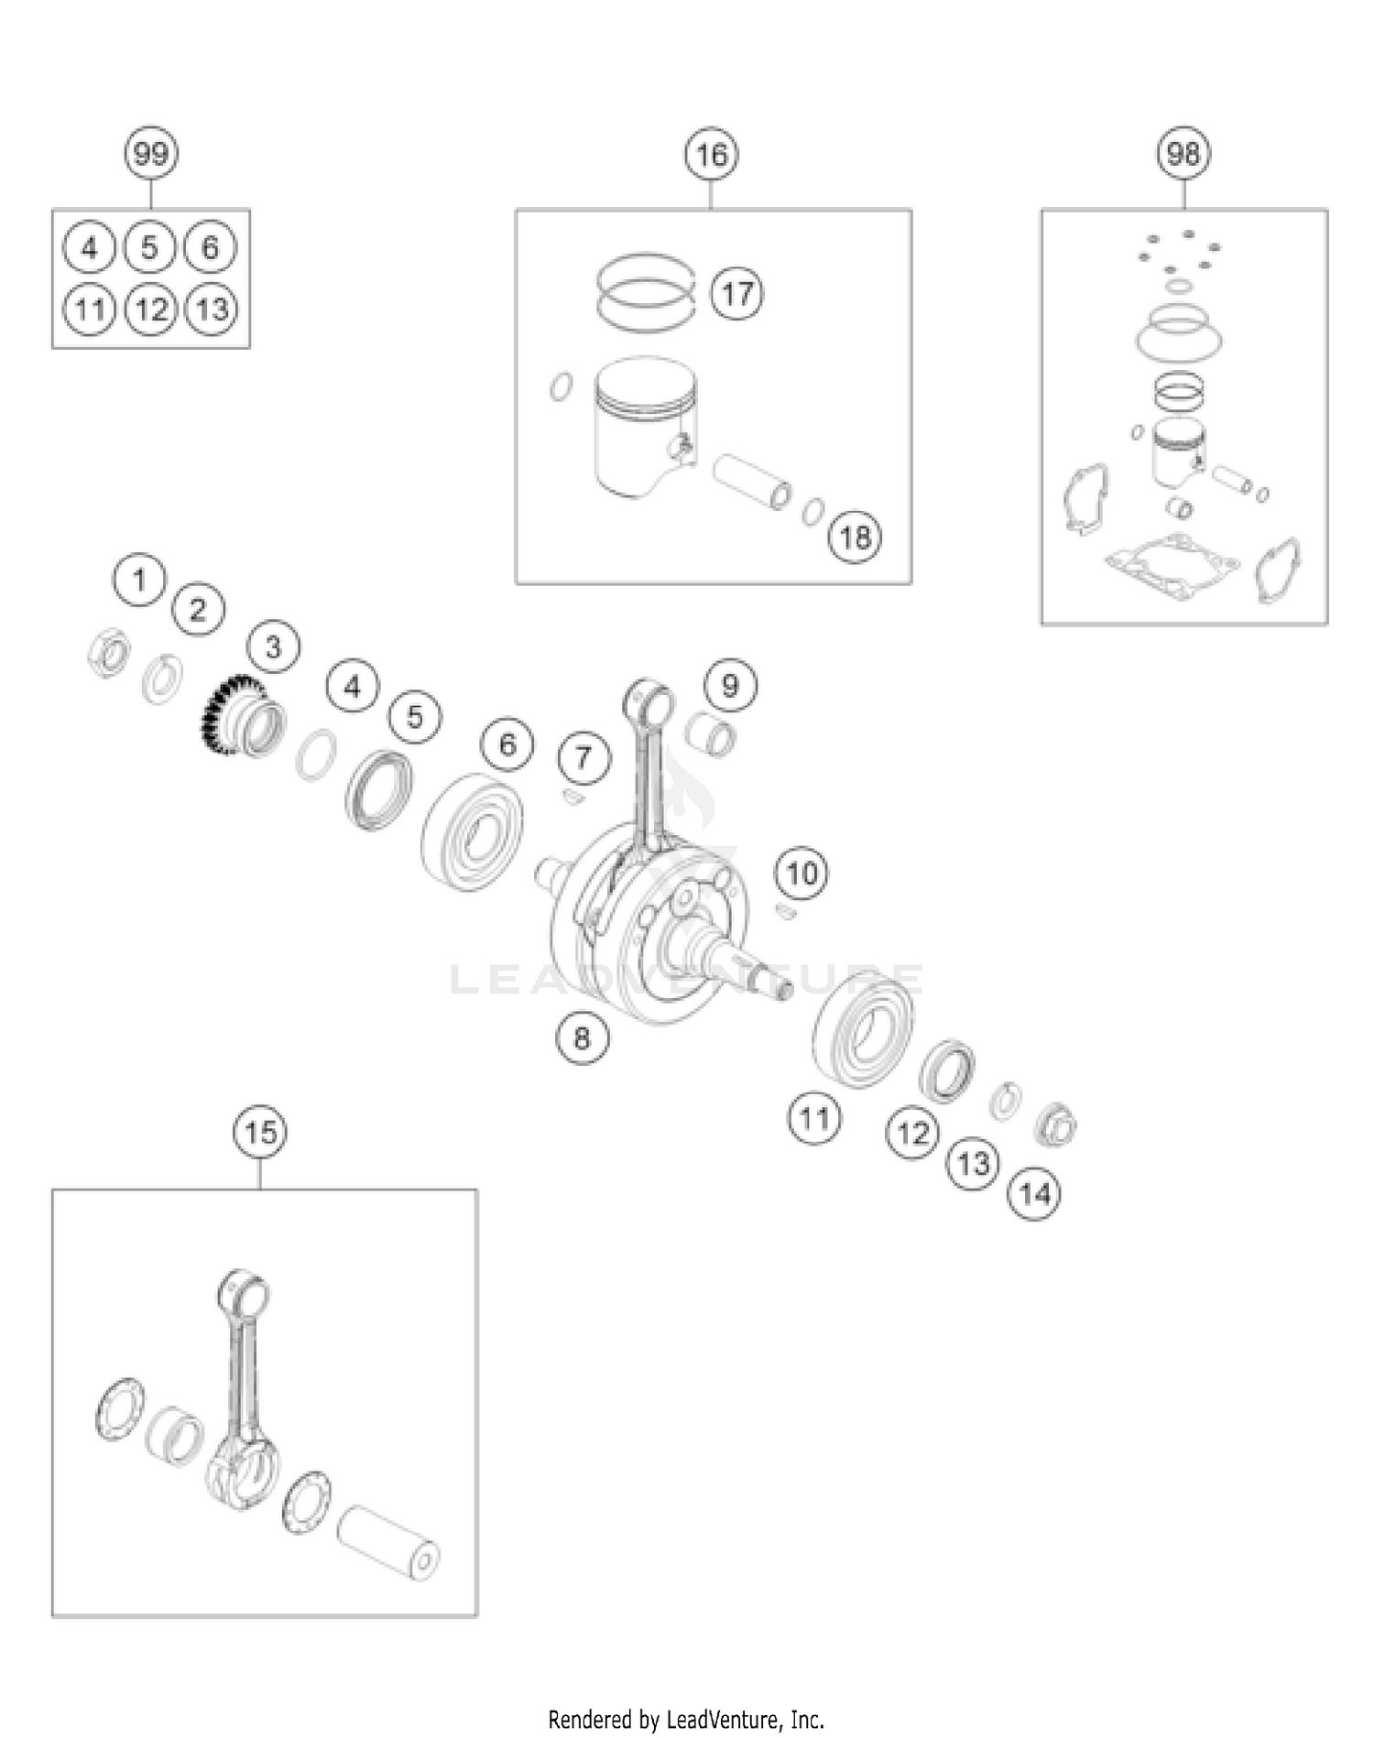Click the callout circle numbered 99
click(151, 154)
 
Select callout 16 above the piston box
click(712, 155)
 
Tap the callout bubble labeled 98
click(1183, 153)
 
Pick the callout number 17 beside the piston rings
click(737, 294)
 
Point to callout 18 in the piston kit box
click(855, 537)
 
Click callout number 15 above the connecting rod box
click(260, 1133)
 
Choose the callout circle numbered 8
click(583, 1038)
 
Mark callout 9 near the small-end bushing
click(730, 686)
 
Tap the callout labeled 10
click(802, 873)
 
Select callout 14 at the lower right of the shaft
click(1035, 1194)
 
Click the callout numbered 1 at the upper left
click(139, 580)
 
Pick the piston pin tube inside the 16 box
click(752, 481)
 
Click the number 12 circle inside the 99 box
click(151, 310)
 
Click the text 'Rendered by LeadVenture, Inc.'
click(686, 1720)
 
